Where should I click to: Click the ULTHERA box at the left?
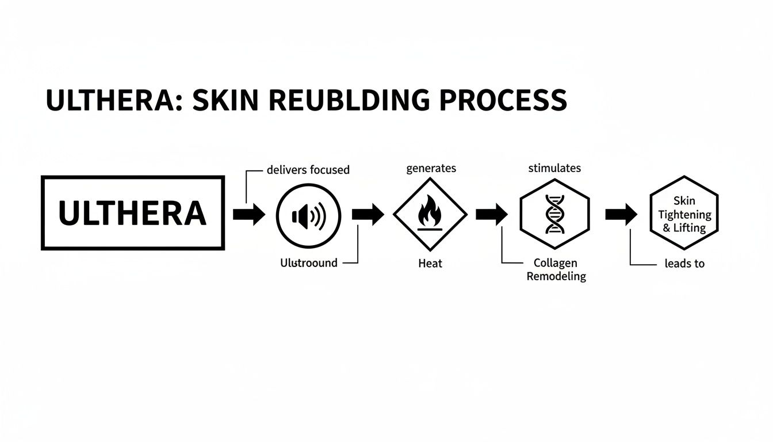coord(132,214)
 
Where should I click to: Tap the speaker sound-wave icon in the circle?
coord(309,216)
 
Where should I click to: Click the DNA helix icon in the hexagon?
coord(554,215)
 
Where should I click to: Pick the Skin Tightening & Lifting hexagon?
coord(684,214)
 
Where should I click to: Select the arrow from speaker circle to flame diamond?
coord(368,214)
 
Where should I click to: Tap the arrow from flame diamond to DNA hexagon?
coord(491,214)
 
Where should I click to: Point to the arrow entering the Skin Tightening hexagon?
coord(621,214)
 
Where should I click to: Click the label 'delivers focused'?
coord(308,170)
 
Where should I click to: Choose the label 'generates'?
coord(431,168)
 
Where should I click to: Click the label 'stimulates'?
coord(554,168)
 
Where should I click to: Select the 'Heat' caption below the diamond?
coord(430,264)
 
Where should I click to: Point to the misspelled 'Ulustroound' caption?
coord(309,263)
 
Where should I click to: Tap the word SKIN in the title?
coord(225,100)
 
